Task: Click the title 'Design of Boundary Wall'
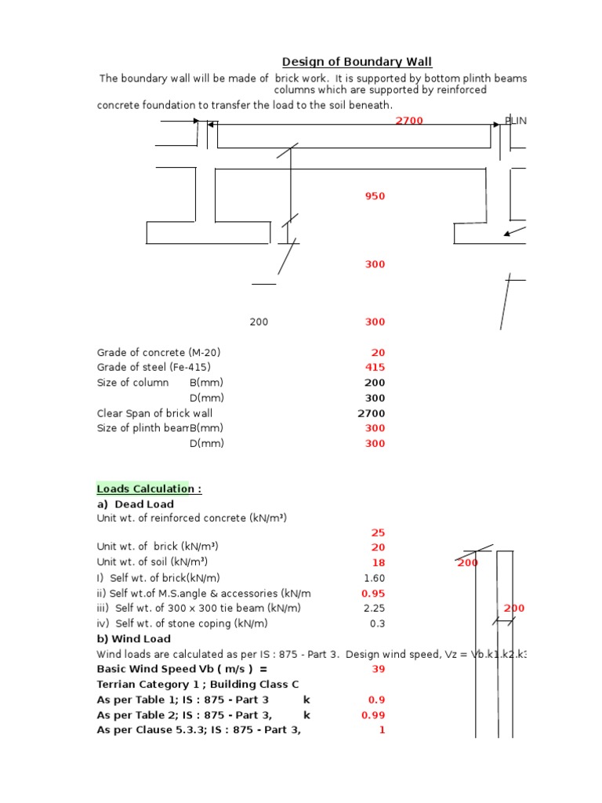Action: click(357, 62)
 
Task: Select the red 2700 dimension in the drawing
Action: click(408, 121)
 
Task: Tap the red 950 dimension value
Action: click(375, 196)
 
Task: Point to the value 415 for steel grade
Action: click(375, 368)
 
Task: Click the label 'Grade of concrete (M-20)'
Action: click(153, 353)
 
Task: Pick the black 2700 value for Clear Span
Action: click(371, 413)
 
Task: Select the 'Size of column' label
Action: click(132, 383)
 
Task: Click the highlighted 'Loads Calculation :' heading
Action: click(149, 489)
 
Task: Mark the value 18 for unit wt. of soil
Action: click(378, 563)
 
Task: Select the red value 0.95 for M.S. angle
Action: click(372, 594)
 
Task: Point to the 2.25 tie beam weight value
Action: click(374, 609)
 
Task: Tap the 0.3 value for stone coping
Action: click(377, 623)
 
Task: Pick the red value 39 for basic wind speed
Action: click(378, 669)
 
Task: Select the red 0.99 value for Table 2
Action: click(372, 715)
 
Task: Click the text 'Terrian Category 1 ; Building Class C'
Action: click(198, 685)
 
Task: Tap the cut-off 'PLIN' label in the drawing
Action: click(515, 121)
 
